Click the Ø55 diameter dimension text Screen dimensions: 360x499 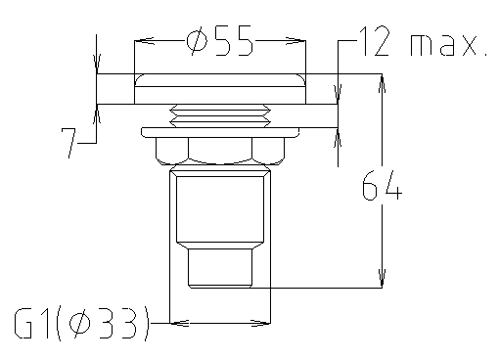coord(218,42)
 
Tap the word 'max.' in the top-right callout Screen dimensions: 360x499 coord(447,44)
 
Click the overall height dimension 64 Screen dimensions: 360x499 coord(382,186)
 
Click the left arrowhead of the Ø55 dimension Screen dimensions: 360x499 coord(139,41)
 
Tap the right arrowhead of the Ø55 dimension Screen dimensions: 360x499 coord(298,41)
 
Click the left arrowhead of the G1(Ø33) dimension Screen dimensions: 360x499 coord(177,321)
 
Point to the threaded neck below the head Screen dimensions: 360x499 coord(219,115)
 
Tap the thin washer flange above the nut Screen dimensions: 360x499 coord(219,130)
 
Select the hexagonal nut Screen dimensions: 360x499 coord(219,149)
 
